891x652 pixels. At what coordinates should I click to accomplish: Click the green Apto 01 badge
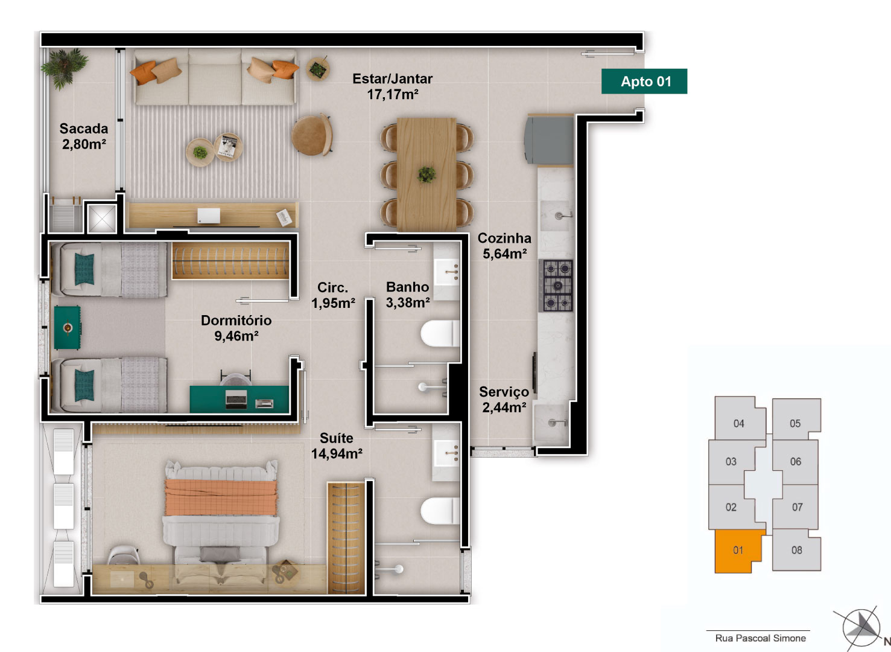point(644,81)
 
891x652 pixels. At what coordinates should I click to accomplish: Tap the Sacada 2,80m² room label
point(84,136)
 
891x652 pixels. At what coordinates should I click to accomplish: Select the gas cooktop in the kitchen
point(556,286)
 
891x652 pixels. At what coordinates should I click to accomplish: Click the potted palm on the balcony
point(64,67)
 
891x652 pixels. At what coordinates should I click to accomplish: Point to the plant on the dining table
point(426,174)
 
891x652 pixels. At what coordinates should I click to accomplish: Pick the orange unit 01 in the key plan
point(737,551)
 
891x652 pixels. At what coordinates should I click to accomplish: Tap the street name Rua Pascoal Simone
point(760,638)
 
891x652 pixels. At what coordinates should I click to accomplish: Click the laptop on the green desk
point(236,398)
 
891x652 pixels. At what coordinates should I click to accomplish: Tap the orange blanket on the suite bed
point(221,497)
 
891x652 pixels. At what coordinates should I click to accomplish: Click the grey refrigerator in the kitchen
point(549,139)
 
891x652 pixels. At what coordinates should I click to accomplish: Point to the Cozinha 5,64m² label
point(504,246)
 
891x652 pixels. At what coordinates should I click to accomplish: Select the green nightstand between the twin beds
point(67,328)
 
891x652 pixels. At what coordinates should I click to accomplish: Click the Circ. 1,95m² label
point(333,295)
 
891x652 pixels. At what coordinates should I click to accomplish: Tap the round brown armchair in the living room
point(311,135)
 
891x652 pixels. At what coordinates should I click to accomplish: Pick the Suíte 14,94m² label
point(337,446)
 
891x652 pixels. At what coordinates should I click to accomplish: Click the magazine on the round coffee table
point(228,146)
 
